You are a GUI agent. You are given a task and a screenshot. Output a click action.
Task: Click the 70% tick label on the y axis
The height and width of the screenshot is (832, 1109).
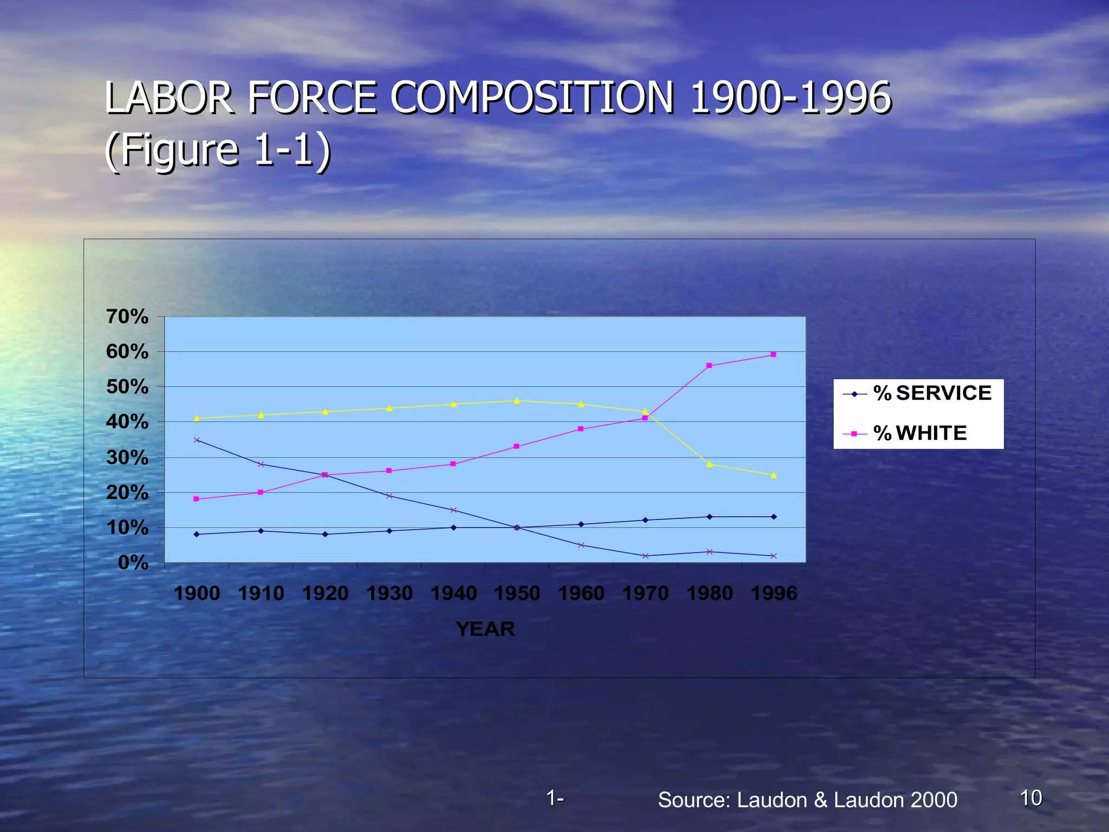(x=127, y=316)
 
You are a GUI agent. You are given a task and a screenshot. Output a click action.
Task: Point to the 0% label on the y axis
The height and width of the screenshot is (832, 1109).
(x=133, y=563)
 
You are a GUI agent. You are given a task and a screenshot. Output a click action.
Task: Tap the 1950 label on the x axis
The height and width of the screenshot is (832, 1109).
(x=517, y=593)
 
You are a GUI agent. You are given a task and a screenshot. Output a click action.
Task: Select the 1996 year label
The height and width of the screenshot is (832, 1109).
(x=774, y=593)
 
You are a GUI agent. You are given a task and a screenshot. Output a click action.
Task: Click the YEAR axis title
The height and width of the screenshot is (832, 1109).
(x=485, y=629)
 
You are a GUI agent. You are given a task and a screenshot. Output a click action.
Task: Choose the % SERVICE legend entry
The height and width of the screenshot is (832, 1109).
(x=932, y=393)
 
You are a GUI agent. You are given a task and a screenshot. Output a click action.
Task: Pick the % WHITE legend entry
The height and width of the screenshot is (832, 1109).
(x=919, y=433)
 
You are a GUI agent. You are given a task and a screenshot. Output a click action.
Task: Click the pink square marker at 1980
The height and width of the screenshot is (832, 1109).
(x=709, y=366)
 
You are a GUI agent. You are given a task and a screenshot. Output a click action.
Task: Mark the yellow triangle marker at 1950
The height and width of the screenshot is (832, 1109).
(x=517, y=401)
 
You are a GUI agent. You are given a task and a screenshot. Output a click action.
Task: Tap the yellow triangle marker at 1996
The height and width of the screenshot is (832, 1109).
(x=774, y=475)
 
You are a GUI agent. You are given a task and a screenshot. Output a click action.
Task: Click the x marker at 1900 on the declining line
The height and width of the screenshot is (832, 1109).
(x=197, y=440)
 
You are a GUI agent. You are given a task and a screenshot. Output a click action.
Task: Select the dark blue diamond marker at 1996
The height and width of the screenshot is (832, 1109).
(x=774, y=517)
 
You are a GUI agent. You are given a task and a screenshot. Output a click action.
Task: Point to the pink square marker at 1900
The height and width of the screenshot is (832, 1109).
(x=197, y=499)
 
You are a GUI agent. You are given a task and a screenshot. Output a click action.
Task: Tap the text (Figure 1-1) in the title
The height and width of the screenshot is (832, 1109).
(x=218, y=149)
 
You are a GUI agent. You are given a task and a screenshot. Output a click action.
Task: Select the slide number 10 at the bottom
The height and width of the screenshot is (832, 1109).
(x=1030, y=798)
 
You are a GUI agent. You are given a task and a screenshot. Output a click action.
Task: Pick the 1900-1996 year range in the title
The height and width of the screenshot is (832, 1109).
(x=791, y=98)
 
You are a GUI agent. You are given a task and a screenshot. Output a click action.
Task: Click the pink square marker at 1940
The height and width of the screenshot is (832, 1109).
(x=453, y=464)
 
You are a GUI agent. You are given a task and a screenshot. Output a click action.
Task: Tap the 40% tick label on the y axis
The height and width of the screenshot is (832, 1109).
(x=127, y=422)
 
